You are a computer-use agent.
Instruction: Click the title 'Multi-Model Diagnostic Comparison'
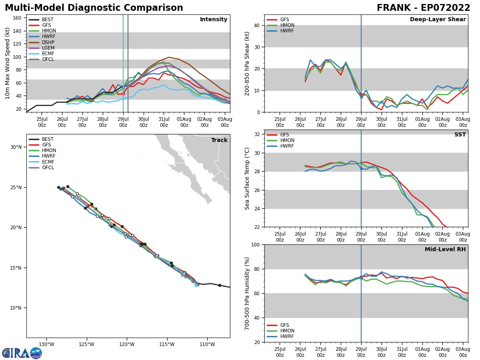(x=94, y=8)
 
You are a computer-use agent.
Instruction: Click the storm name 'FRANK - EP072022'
(x=424, y=8)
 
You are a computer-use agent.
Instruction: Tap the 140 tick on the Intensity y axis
(x=18, y=31)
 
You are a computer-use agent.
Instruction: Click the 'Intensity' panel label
(x=214, y=20)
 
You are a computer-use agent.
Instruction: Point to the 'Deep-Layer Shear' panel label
(x=438, y=20)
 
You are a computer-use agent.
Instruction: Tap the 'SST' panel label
(x=460, y=135)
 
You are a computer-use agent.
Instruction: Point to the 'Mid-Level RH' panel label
(x=445, y=250)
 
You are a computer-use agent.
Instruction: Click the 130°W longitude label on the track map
(x=46, y=344)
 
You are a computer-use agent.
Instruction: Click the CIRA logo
(x=22, y=353)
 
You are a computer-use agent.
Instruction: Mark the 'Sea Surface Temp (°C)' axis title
(x=247, y=178)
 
